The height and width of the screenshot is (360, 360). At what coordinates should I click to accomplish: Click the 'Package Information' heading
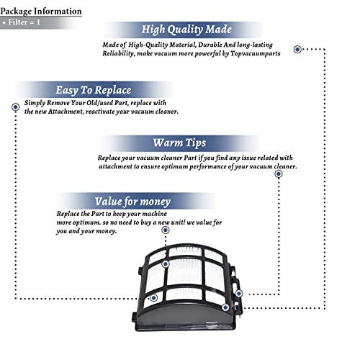41,12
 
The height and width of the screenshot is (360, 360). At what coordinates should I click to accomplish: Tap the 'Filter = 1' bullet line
22,22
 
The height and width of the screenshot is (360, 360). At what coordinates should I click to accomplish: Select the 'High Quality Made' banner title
186,30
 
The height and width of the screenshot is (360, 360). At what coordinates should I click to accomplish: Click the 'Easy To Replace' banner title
94,90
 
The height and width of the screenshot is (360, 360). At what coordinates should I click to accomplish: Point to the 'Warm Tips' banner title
179,143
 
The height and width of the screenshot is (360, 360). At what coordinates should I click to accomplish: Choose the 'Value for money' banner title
132,202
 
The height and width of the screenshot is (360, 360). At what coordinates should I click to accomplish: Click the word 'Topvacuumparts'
256,53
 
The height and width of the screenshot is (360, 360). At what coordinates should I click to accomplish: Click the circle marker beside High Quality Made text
297,49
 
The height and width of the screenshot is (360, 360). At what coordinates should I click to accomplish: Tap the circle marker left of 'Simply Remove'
16,107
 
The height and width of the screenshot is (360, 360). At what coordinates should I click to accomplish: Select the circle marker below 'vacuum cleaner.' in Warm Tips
279,174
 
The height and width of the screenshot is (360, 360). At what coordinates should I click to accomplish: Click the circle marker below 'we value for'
166,230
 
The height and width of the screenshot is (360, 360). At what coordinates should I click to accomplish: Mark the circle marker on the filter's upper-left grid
166,264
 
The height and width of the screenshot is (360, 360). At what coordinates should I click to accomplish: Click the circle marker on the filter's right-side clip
239,293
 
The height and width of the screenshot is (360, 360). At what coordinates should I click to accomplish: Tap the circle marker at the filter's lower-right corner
225,307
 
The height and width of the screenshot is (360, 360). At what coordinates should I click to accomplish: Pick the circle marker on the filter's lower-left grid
154,298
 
